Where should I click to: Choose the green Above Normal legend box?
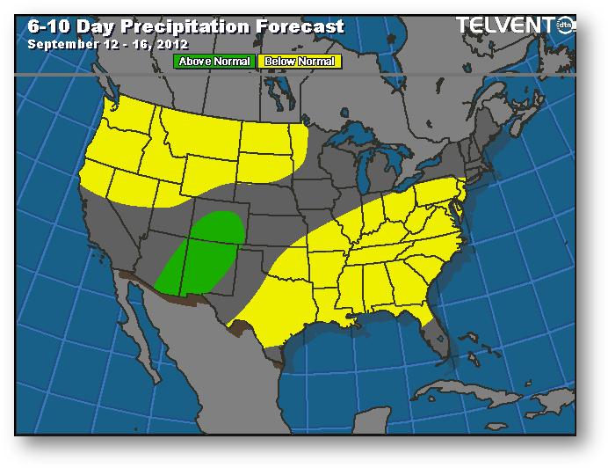click(214, 62)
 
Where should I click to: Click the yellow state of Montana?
click(199, 133)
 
